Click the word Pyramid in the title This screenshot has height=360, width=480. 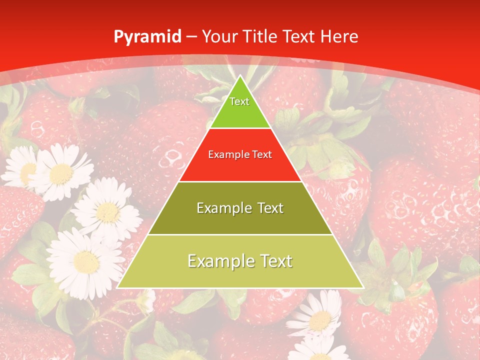point(147,37)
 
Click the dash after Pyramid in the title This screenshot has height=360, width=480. point(191,37)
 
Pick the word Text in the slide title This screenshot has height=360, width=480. point(299,36)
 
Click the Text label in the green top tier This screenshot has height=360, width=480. point(239,101)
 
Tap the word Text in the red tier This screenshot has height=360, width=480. point(262,155)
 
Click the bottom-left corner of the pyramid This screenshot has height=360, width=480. point(117,287)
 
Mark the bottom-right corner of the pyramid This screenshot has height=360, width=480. point(363,287)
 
